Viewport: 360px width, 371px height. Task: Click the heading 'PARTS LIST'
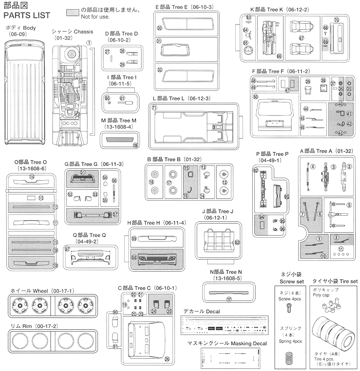[27, 16]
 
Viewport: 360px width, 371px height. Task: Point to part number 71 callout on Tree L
[154, 108]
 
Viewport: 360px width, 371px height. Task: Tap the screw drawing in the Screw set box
[289, 310]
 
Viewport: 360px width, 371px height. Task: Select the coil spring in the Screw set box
[289, 356]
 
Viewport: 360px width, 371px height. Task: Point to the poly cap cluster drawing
[335, 305]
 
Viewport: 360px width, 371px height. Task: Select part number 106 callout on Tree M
[135, 146]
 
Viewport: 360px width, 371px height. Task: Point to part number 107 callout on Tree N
[229, 299]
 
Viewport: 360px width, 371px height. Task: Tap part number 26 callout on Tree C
[167, 359]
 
